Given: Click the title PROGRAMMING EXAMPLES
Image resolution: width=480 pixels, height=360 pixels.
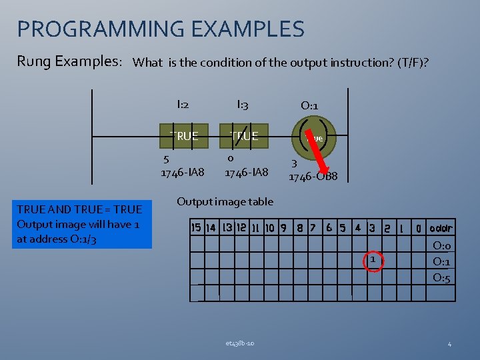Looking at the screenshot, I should point(161,29).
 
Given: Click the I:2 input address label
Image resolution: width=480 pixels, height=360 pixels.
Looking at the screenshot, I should point(183,104).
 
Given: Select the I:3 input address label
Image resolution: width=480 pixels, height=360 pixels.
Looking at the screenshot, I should point(243,104).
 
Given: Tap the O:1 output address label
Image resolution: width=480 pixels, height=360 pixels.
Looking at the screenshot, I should point(309,105).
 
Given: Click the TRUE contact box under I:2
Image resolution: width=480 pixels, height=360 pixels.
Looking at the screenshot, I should point(183,136).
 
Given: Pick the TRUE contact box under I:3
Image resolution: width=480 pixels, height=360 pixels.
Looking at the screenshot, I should point(244,136).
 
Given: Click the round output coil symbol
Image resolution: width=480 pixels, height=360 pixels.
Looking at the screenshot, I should point(313,136).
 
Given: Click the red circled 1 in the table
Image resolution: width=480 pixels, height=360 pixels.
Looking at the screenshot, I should point(373,260).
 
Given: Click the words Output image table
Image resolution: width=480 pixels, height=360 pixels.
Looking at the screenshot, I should point(225,201).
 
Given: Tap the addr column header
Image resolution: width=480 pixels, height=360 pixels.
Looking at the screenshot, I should point(441,228).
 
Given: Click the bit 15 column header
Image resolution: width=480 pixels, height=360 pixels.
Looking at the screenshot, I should point(196,228).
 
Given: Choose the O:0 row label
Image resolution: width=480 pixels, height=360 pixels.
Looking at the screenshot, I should point(441,245).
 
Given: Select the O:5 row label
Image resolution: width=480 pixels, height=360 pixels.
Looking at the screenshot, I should point(441,277).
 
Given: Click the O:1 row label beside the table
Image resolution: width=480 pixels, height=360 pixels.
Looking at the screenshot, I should point(441,261).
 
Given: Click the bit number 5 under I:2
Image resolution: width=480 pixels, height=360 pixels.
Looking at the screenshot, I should point(167,159).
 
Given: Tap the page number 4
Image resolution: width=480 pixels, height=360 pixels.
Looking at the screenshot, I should point(449,344).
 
